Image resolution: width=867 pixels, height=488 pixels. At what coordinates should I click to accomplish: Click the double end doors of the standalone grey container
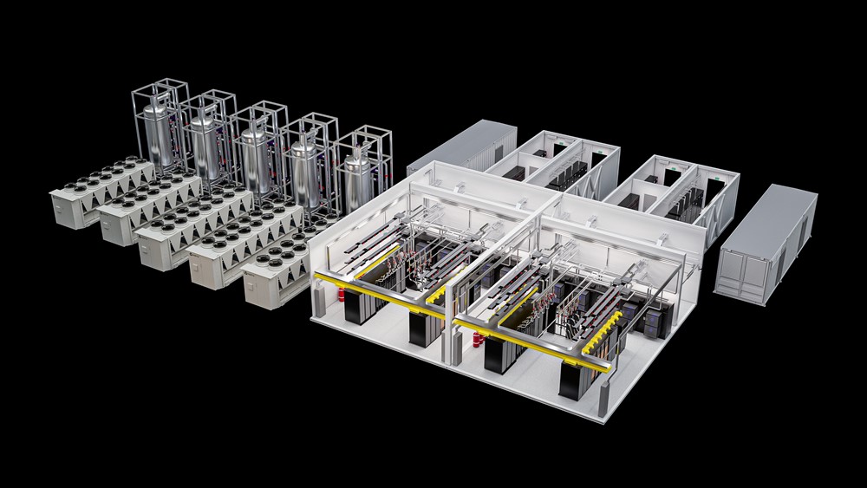[x=739, y=274]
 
